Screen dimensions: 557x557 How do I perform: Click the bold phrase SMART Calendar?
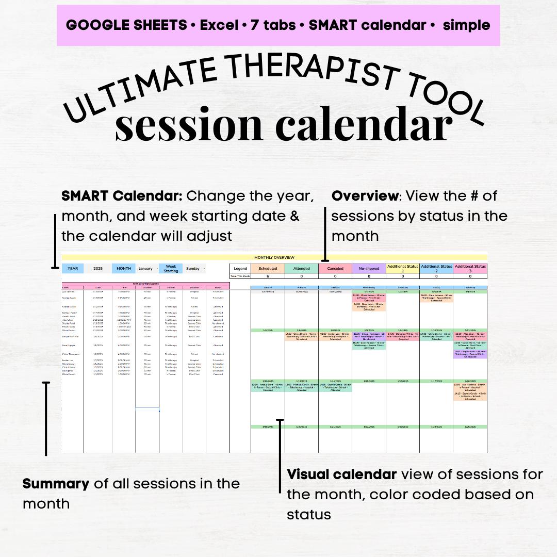[x=122, y=196]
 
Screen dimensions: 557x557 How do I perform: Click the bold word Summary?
[x=56, y=484]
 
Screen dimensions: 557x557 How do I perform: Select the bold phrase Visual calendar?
[x=341, y=474]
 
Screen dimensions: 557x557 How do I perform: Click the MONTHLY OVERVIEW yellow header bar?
[x=274, y=257]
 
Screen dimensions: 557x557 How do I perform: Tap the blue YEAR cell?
[x=73, y=269]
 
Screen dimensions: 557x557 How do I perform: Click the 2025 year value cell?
[x=98, y=269]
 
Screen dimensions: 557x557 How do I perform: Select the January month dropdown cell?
[x=146, y=269]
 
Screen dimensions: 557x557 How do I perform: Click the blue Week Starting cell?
[x=171, y=269]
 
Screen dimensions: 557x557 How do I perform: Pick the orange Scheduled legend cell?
[x=268, y=268]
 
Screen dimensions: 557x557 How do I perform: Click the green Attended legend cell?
[x=302, y=268]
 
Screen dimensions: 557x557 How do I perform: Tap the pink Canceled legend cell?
[x=335, y=268]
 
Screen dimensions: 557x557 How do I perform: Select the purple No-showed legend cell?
[x=369, y=268]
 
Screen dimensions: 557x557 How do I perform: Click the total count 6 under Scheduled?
[x=268, y=276]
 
